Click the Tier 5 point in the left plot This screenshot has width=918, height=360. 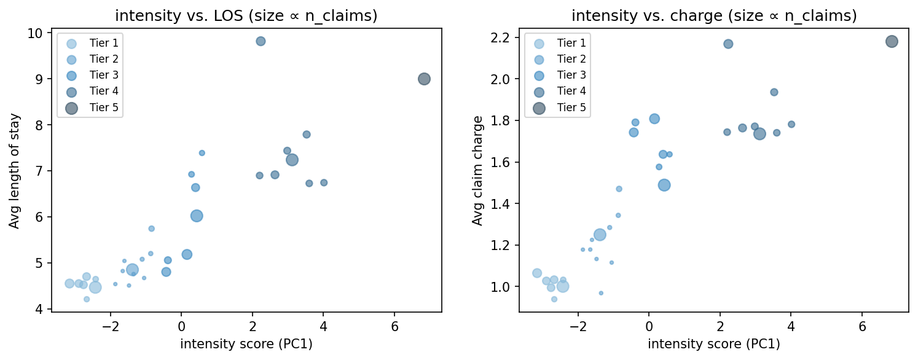pyautogui.click(x=424, y=79)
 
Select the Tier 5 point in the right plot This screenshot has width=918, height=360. pyautogui.click(x=892, y=42)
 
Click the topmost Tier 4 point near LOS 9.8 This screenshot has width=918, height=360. pyautogui.click(x=261, y=41)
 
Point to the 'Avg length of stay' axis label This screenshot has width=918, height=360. pyautogui.click(x=14, y=171)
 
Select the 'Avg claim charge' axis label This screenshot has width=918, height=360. pyautogui.click(x=477, y=171)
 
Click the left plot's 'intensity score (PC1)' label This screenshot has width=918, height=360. pyautogui.click(x=246, y=344)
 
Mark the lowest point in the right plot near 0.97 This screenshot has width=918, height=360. pyautogui.click(x=601, y=293)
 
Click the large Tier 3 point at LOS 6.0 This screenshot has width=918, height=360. pyautogui.click(x=197, y=216)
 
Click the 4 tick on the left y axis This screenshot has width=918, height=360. pyautogui.click(x=44, y=309)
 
